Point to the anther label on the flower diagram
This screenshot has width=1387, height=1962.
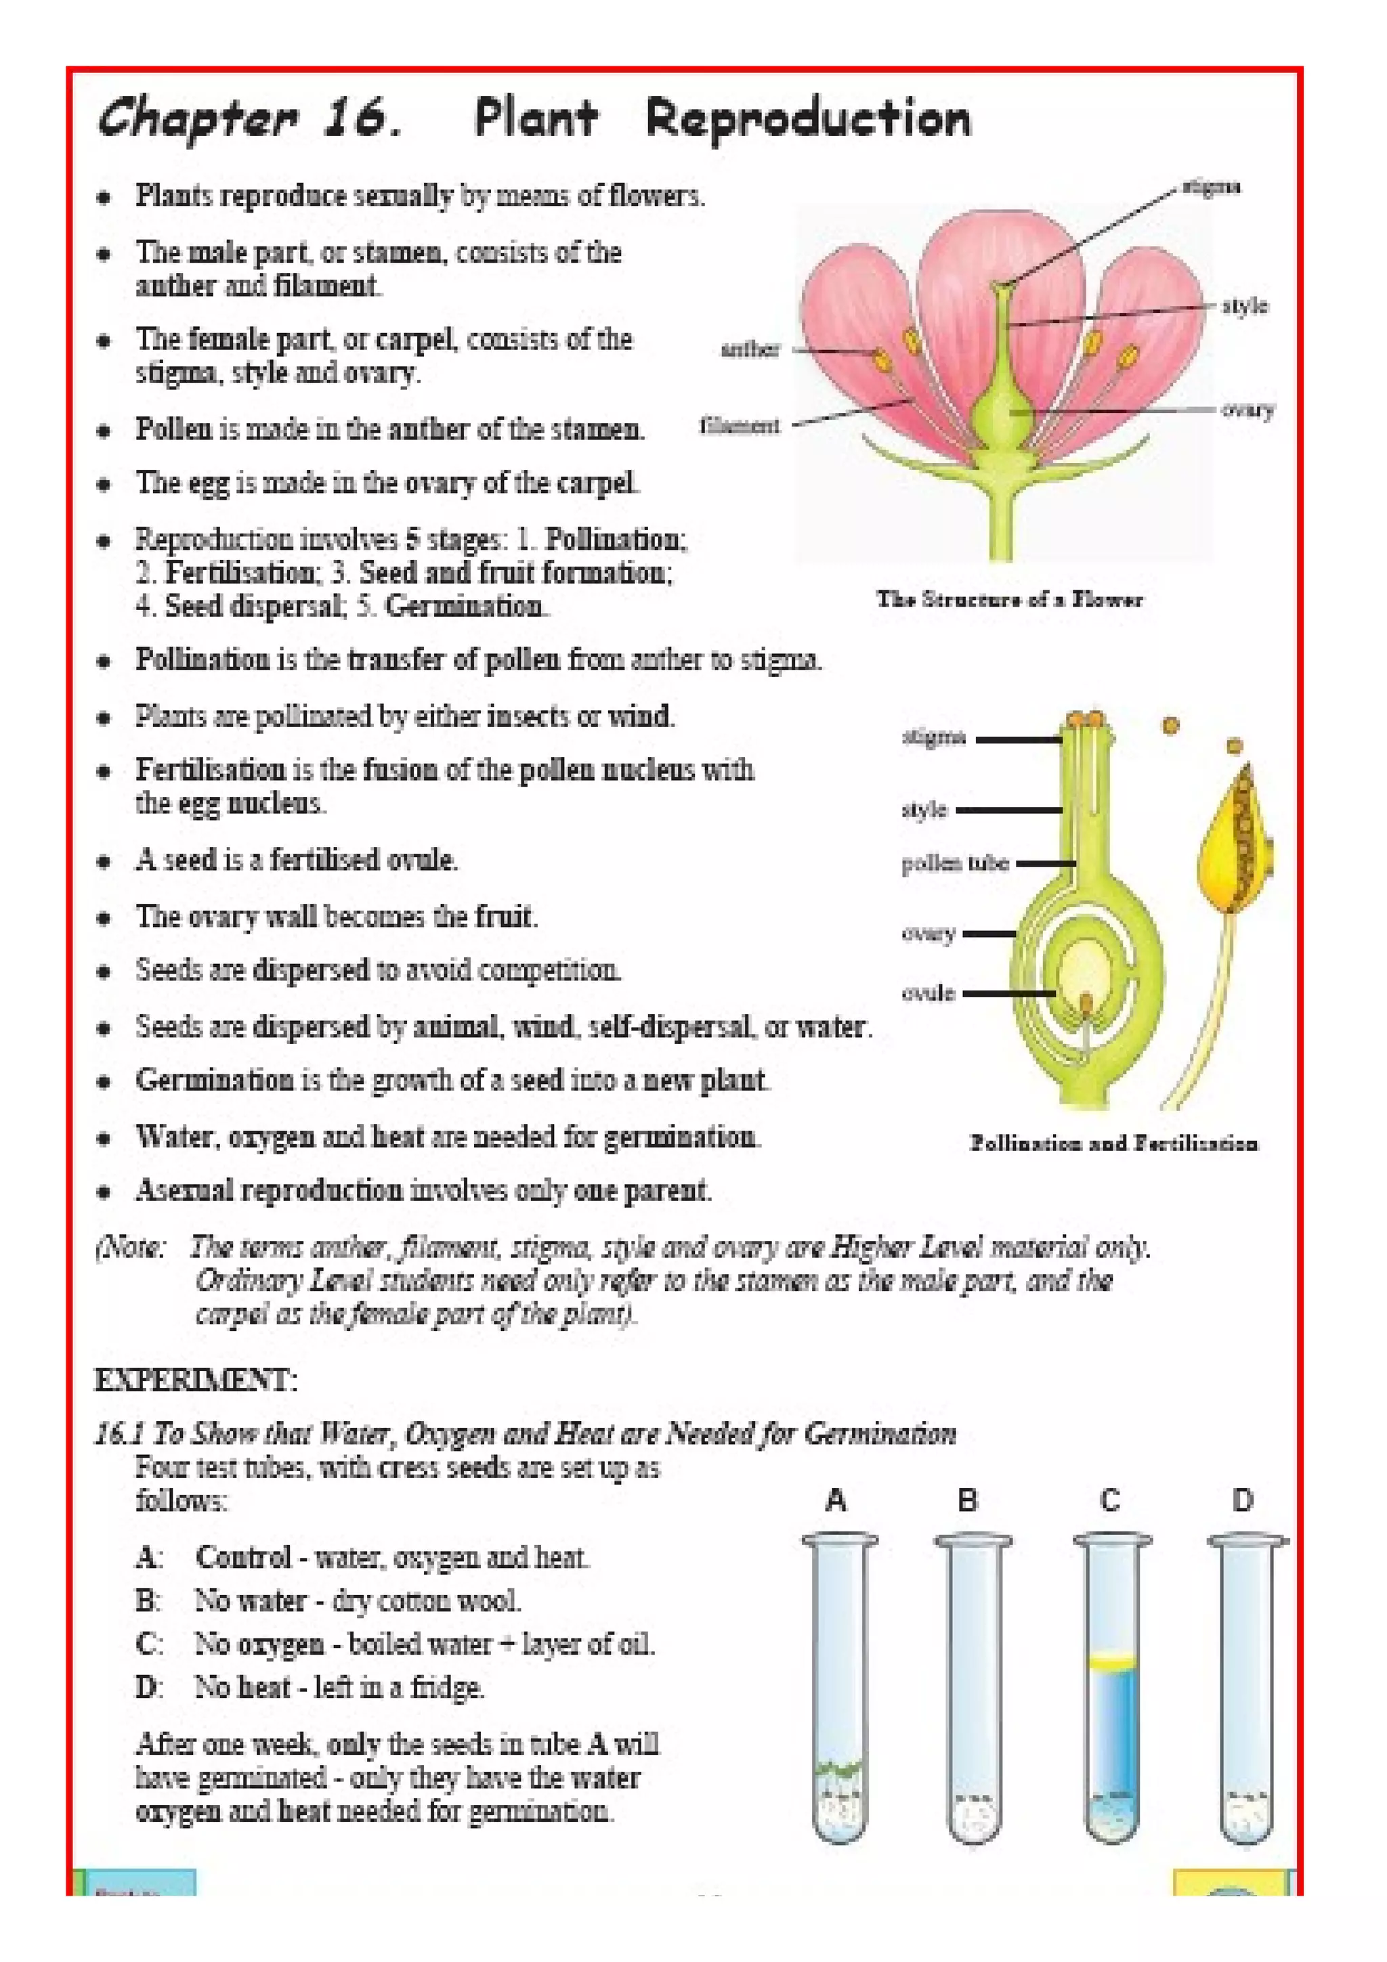coord(750,349)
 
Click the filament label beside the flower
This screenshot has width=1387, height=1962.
coord(740,426)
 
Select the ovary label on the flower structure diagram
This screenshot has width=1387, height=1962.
coord(1247,410)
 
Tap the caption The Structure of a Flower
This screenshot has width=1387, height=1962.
coord(1008,599)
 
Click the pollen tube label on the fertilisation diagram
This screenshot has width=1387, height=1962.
coord(954,864)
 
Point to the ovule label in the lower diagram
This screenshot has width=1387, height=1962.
coord(927,993)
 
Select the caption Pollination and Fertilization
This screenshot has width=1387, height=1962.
coord(1113,1143)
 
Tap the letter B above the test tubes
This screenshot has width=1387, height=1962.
coord(967,1500)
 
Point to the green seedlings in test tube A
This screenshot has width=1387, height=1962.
coord(839,1767)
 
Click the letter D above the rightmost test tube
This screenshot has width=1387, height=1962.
coord(1243,1500)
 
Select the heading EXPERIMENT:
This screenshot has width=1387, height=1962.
coord(196,1380)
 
